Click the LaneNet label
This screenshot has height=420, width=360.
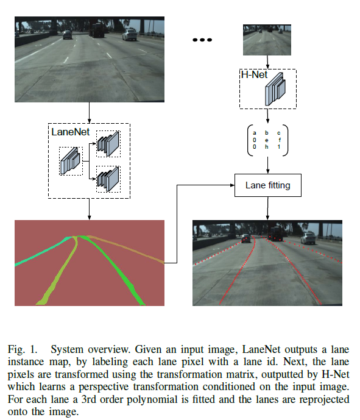(x=69, y=130)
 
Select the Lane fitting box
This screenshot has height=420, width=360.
(x=268, y=185)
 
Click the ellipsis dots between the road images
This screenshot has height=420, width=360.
(x=201, y=40)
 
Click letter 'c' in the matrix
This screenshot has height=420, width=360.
(x=279, y=132)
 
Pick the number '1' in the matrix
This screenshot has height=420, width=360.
(x=279, y=147)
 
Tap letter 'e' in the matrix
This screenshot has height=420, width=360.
(x=267, y=140)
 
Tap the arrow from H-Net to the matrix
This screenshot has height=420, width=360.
(x=267, y=116)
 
